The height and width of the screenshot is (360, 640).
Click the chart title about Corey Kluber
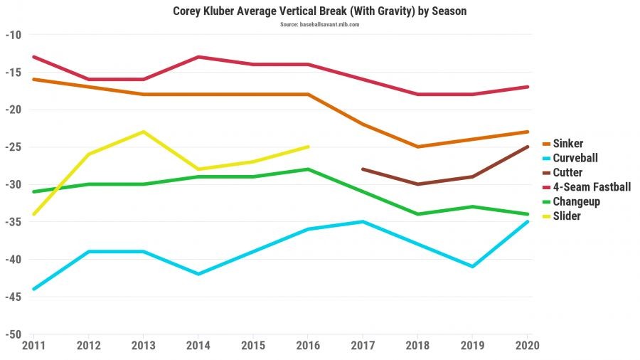[319, 11]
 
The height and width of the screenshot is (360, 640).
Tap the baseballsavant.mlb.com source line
[319, 24]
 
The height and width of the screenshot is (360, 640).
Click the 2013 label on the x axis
[143, 346]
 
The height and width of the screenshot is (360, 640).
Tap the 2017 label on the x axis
[363, 346]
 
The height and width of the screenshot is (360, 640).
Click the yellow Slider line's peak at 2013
[143, 132]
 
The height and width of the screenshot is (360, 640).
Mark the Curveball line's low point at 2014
[198, 274]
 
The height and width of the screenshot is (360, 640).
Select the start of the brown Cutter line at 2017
[363, 169]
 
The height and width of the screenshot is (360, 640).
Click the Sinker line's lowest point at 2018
[418, 147]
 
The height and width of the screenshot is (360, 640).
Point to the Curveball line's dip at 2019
[473, 266]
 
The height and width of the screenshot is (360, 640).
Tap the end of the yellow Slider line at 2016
[308, 147]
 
